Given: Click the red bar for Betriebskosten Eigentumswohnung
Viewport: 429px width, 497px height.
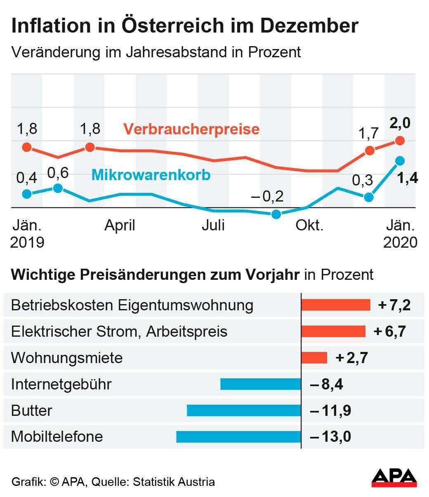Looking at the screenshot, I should [x=335, y=305].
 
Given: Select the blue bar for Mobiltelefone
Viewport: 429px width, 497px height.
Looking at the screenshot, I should [x=238, y=437].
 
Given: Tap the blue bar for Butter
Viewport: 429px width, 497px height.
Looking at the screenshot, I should [x=244, y=410].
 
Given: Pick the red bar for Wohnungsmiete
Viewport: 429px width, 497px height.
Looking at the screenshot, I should [x=314, y=358].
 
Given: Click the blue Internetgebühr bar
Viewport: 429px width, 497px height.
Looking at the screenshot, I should [x=261, y=384].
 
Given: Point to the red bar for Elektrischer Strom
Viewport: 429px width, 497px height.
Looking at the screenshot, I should [x=333, y=331].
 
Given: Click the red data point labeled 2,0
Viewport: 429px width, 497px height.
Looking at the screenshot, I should [x=399, y=141].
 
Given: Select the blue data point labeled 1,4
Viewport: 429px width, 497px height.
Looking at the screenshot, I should [x=399, y=161].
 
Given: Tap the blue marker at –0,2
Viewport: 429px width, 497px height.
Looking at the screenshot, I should [x=276, y=214].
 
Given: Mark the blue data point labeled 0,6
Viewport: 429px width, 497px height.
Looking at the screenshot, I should [x=58, y=188].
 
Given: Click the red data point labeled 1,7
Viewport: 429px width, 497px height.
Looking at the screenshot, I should [x=370, y=150].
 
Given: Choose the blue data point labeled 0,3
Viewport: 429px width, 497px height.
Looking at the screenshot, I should [x=369, y=197].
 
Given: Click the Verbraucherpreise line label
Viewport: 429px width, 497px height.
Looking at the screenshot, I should [x=192, y=129].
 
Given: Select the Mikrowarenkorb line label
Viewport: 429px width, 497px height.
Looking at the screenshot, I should [x=151, y=175].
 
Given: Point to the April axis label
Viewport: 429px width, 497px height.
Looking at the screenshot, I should [x=120, y=225].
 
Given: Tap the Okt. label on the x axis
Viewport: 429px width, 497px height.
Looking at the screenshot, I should [x=309, y=225].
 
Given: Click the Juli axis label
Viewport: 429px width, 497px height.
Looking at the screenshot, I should [x=213, y=225].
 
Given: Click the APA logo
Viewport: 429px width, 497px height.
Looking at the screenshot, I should [x=394, y=478].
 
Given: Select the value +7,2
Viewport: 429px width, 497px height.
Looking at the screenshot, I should [x=394, y=305].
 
